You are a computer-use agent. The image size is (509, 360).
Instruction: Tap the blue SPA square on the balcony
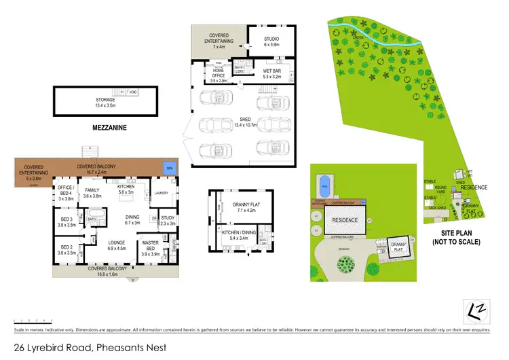[168, 168]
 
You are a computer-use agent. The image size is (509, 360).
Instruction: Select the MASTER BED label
[149, 249]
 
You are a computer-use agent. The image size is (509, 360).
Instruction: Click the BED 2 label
[66, 249]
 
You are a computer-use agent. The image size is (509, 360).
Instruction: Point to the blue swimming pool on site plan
[326, 182]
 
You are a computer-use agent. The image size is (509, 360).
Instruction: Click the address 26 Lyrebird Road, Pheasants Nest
[85, 348]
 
